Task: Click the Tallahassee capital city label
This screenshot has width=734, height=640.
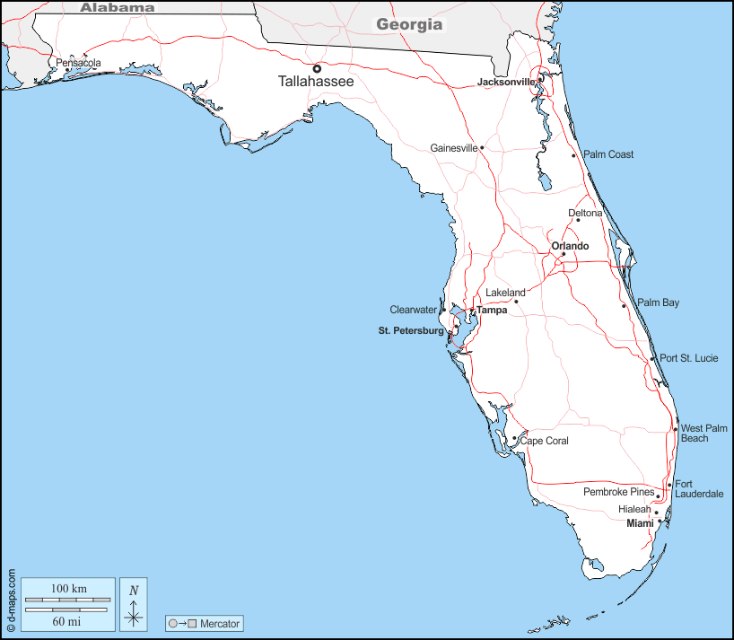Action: (x=316, y=82)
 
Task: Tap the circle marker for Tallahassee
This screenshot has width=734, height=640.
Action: (x=317, y=68)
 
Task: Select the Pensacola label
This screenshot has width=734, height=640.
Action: (x=78, y=63)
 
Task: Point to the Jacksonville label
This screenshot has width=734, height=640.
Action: (x=506, y=82)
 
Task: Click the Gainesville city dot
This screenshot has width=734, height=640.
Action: (x=482, y=148)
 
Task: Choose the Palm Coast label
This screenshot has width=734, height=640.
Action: (x=608, y=154)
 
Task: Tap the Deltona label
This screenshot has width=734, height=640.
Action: (x=585, y=214)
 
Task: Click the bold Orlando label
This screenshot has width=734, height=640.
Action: (x=570, y=246)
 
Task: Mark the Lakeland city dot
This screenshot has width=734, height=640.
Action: (x=516, y=302)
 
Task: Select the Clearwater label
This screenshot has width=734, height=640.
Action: (x=413, y=310)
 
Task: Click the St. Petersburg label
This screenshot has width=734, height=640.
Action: (x=411, y=331)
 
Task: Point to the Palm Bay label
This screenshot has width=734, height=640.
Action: (x=659, y=302)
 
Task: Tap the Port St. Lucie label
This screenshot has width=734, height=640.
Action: (x=689, y=358)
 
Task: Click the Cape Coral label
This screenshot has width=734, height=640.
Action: (x=545, y=441)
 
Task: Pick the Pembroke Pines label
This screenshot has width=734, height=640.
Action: (x=618, y=492)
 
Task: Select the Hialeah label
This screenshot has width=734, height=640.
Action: (x=634, y=509)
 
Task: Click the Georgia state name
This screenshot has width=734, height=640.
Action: (x=409, y=24)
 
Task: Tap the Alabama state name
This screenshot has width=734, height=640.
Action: (x=118, y=7)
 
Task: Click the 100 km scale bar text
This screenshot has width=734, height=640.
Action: (x=68, y=588)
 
